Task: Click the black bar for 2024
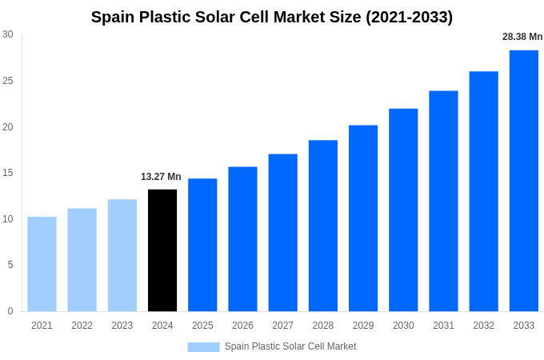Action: tap(162, 250)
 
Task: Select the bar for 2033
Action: tap(524, 180)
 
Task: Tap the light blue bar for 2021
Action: tap(42, 264)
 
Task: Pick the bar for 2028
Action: tap(323, 226)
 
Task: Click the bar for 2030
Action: tap(403, 210)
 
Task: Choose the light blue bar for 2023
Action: tap(122, 255)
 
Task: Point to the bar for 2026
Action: tap(242, 238)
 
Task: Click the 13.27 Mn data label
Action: tap(161, 177)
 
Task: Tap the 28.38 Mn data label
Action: tap(522, 37)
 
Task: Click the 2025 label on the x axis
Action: tap(202, 326)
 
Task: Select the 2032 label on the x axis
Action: tap(483, 326)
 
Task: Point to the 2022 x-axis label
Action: tap(82, 326)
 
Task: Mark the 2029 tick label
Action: tap(363, 326)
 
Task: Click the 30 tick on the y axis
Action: tap(8, 34)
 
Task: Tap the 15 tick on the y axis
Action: tap(8, 173)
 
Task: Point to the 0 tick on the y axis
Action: tap(10, 311)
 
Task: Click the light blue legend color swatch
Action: tap(203, 346)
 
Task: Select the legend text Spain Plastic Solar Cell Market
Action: tap(290, 346)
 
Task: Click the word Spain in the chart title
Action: tap(113, 17)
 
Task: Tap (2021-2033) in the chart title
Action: tap(409, 17)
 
